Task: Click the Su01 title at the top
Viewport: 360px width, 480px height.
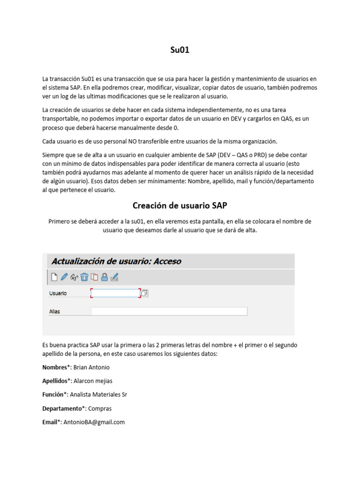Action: click(x=180, y=50)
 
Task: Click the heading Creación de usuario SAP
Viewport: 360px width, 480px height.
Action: click(x=180, y=205)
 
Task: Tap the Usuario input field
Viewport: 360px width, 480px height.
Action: click(x=115, y=293)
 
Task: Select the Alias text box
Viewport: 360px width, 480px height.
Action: click(x=169, y=311)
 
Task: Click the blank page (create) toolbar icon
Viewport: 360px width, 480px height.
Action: click(x=54, y=277)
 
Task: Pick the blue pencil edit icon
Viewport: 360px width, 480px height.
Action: click(x=64, y=277)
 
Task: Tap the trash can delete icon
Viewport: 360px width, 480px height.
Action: click(x=84, y=277)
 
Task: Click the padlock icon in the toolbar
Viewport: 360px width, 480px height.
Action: click(x=105, y=277)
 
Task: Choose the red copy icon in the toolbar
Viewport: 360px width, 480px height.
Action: click(x=94, y=277)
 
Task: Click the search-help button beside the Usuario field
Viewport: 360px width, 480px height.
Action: click(x=144, y=293)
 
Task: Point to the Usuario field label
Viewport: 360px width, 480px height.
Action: click(x=58, y=293)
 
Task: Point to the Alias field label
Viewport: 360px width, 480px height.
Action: click(x=54, y=311)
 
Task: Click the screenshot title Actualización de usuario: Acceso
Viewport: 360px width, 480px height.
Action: click(x=116, y=261)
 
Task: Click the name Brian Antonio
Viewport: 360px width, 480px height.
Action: click(x=91, y=367)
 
